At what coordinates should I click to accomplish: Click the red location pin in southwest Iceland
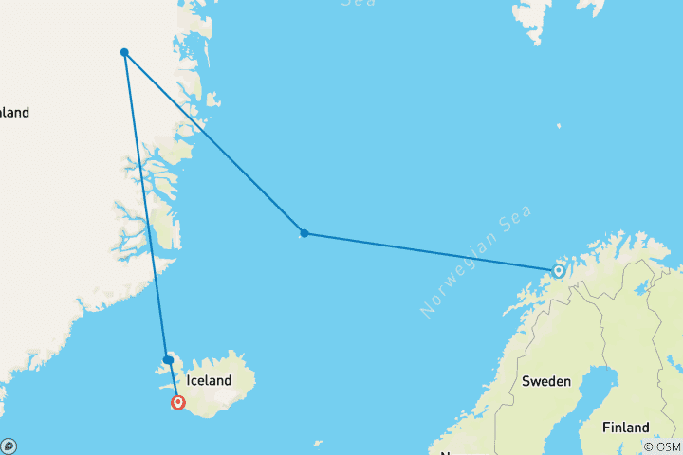(177, 402)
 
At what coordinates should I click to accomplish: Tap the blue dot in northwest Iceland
(168, 360)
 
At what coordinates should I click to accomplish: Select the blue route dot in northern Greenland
(124, 52)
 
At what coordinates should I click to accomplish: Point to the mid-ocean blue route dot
(304, 233)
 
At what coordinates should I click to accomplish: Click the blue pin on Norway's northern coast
(559, 271)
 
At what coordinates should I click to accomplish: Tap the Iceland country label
(209, 380)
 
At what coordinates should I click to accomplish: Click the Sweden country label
(546, 381)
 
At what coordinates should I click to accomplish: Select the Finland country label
(625, 427)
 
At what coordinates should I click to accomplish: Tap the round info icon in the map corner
(9, 446)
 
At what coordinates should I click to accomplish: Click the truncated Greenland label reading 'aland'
(14, 113)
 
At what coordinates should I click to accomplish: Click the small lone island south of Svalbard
(559, 125)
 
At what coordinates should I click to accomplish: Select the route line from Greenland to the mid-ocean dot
(213, 142)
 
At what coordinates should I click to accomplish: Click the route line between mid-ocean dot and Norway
(432, 252)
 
